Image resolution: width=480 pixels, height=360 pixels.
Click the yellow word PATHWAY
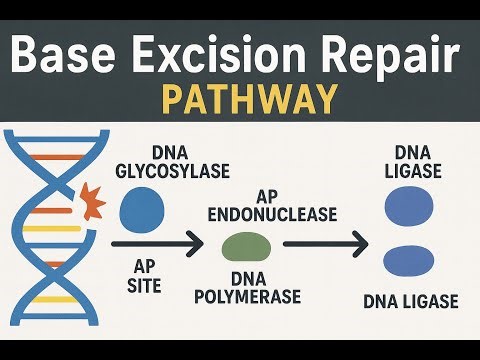(x=240, y=101)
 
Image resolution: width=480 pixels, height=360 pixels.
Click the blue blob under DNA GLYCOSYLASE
(x=141, y=210)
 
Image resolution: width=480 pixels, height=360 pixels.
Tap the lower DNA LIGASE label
(x=409, y=302)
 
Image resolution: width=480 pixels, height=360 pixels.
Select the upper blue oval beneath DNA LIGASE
(x=409, y=208)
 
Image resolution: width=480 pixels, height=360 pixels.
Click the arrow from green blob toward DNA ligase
(x=320, y=243)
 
